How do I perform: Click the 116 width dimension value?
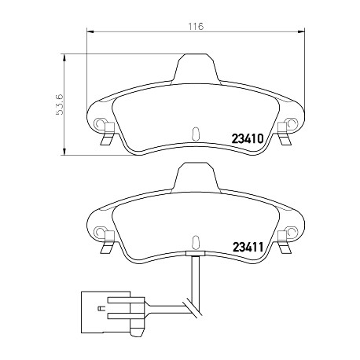point(196,26)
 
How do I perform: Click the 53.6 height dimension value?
point(59,105)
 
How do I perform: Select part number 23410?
point(247,138)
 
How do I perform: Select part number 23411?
point(248,246)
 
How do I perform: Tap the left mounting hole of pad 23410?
point(99,123)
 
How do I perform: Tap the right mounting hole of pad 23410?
point(292,123)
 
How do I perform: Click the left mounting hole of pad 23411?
point(99,231)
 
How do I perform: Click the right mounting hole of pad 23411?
point(292,231)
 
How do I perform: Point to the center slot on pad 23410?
point(196,133)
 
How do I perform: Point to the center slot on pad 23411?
point(196,241)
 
